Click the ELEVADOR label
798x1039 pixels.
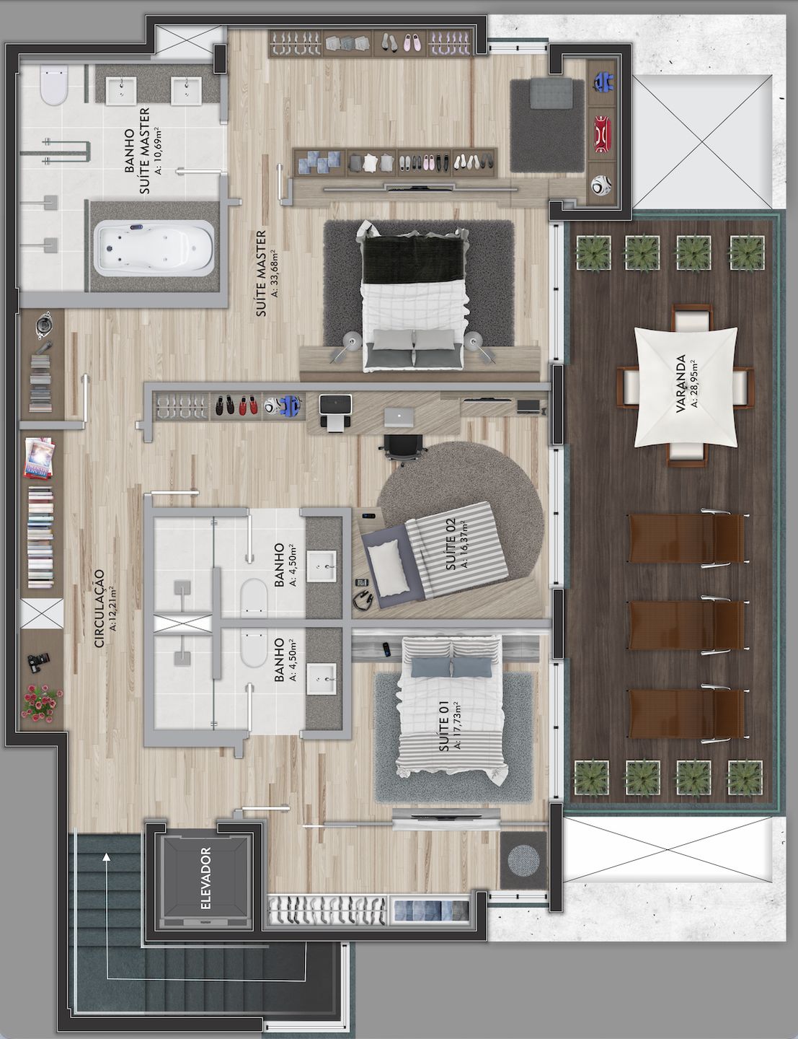coord(205,878)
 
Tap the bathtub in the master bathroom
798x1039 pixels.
coord(154,248)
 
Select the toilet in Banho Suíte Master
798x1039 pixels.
coord(53,85)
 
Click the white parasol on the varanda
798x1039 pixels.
coord(686,387)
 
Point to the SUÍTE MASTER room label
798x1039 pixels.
coord(261,273)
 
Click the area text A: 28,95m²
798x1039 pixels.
coord(694,383)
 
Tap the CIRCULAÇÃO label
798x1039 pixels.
coord(99,608)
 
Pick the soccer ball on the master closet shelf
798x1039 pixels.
coord(600,185)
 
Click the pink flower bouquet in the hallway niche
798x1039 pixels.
coord(42,703)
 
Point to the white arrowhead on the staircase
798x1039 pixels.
coord(107,856)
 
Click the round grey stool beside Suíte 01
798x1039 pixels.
coord(523,861)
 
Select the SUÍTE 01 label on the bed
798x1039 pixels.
coord(443,726)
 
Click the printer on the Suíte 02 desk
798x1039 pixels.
coord(336,413)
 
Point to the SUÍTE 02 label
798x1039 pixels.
coord(451,543)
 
